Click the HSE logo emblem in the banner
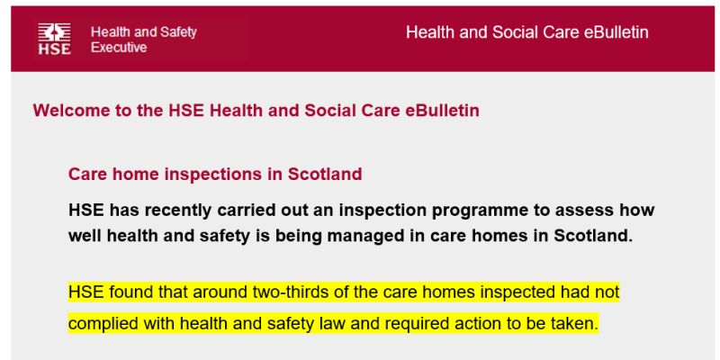pos(54,39)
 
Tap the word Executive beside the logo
pos(119,48)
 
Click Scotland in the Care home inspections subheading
pos(325,174)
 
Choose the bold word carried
pos(246,211)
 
